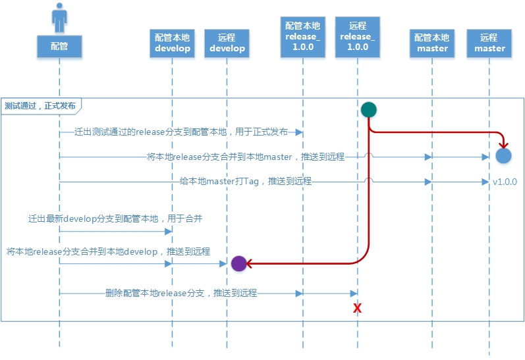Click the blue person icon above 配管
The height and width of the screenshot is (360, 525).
click(x=59, y=17)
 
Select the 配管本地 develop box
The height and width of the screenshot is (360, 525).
click(x=172, y=43)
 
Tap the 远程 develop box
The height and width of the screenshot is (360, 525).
click(x=227, y=43)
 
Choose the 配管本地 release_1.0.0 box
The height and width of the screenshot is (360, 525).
click(x=302, y=36)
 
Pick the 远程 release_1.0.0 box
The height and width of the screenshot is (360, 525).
click(x=358, y=36)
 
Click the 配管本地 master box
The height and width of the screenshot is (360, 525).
click(x=431, y=43)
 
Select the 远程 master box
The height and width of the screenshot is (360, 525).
click(x=489, y=43)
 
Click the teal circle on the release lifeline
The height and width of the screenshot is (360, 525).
click(x=368, y=111)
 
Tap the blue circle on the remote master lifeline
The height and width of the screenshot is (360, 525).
click(x=504, y=156)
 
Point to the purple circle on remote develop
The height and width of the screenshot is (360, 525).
click(x=238, y=264)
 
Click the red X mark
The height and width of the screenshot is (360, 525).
click(x=358, y=308)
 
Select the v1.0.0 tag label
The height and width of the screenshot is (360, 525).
click(x=505, y=182)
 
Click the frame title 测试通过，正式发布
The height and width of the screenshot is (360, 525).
click(x=40, y=105)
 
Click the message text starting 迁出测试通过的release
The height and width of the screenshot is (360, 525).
click(x=180, y=132)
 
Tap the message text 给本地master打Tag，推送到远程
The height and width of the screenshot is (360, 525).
click(x=245, y=181)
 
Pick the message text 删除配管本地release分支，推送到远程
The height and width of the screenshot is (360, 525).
click(x=180, y=293)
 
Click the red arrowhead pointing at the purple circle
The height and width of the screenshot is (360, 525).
click(x=250, y=264)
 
